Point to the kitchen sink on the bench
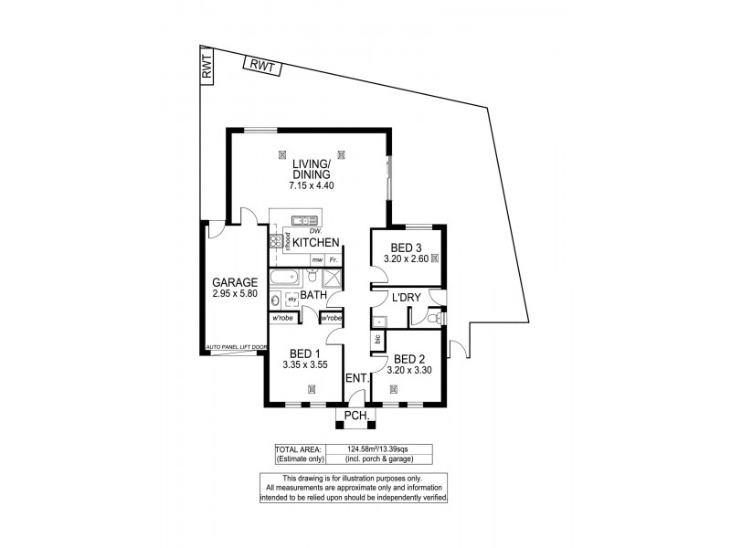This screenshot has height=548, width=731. coord(302,219)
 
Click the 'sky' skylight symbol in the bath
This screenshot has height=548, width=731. coord(292,299)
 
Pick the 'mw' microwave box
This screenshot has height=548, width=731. coord(316,260)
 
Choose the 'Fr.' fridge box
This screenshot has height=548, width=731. coord(334,260)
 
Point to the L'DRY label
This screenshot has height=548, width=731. coord(405,299)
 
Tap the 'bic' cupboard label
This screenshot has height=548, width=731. coord(376,340)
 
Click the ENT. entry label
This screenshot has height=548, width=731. coord(356,378)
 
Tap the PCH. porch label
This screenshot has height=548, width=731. coord(355,417)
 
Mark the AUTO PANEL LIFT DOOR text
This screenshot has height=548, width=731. coord(237,348)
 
